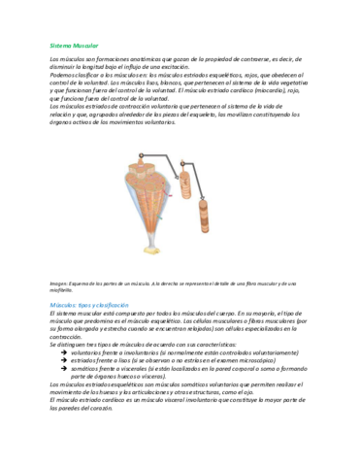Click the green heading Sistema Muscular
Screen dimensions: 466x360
[74, 45]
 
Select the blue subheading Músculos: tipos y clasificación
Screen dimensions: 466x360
[95, 305]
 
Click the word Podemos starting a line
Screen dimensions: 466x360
[65, 73]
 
